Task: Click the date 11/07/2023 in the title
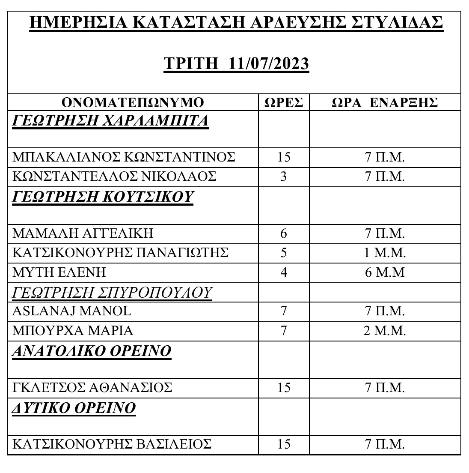pos(269,63)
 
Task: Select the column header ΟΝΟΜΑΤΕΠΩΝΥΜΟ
pos(133,103)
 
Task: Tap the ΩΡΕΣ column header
pos(283,103)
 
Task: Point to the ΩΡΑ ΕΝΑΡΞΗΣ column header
pos(385,103)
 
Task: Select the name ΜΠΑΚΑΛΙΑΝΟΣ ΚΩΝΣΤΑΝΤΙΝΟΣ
pos(124,157)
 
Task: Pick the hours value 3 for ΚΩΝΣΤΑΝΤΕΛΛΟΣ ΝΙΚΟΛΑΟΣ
pos(283,177)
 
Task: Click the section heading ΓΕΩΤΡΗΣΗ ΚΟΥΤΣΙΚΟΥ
pos(103,197)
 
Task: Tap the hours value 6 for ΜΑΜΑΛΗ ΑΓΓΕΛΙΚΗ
pos(283,234)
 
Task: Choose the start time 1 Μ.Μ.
pos(385,253)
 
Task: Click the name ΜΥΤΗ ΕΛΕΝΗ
pos(59,272)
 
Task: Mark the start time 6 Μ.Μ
pos(385,272)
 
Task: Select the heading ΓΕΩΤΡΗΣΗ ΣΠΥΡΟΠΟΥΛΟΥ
pos(112,293)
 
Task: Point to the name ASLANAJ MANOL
pos(71,311)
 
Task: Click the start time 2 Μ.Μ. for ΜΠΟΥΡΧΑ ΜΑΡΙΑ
pos(385,331)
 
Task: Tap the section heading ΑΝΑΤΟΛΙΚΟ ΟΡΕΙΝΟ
pos(92,351)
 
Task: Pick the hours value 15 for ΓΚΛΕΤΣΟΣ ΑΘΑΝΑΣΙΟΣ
pos(283,388)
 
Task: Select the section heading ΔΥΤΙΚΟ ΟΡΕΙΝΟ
pos(74,408)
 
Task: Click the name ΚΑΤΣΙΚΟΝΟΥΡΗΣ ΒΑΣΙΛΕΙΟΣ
pos(112,444)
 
